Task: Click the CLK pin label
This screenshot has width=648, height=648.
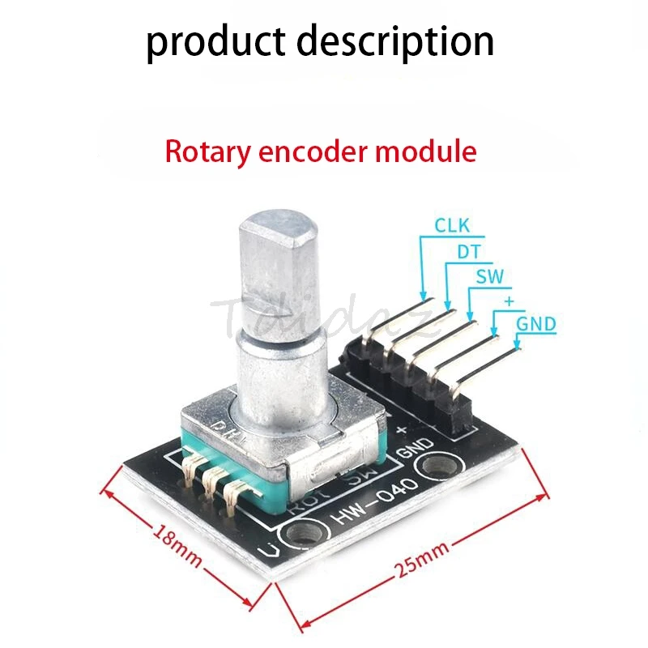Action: [x=453, y=225]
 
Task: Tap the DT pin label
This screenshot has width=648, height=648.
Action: [x=469, y=252]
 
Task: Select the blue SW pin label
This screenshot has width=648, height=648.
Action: [x=489, y=277]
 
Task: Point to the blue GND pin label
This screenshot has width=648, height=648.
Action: [x=537, y=325]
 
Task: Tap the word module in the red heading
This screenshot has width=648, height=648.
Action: [x=433, y=151]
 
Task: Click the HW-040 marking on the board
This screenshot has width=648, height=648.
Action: [x=372, y=501]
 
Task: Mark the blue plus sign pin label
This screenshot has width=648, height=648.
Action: [x=509, y=301]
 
